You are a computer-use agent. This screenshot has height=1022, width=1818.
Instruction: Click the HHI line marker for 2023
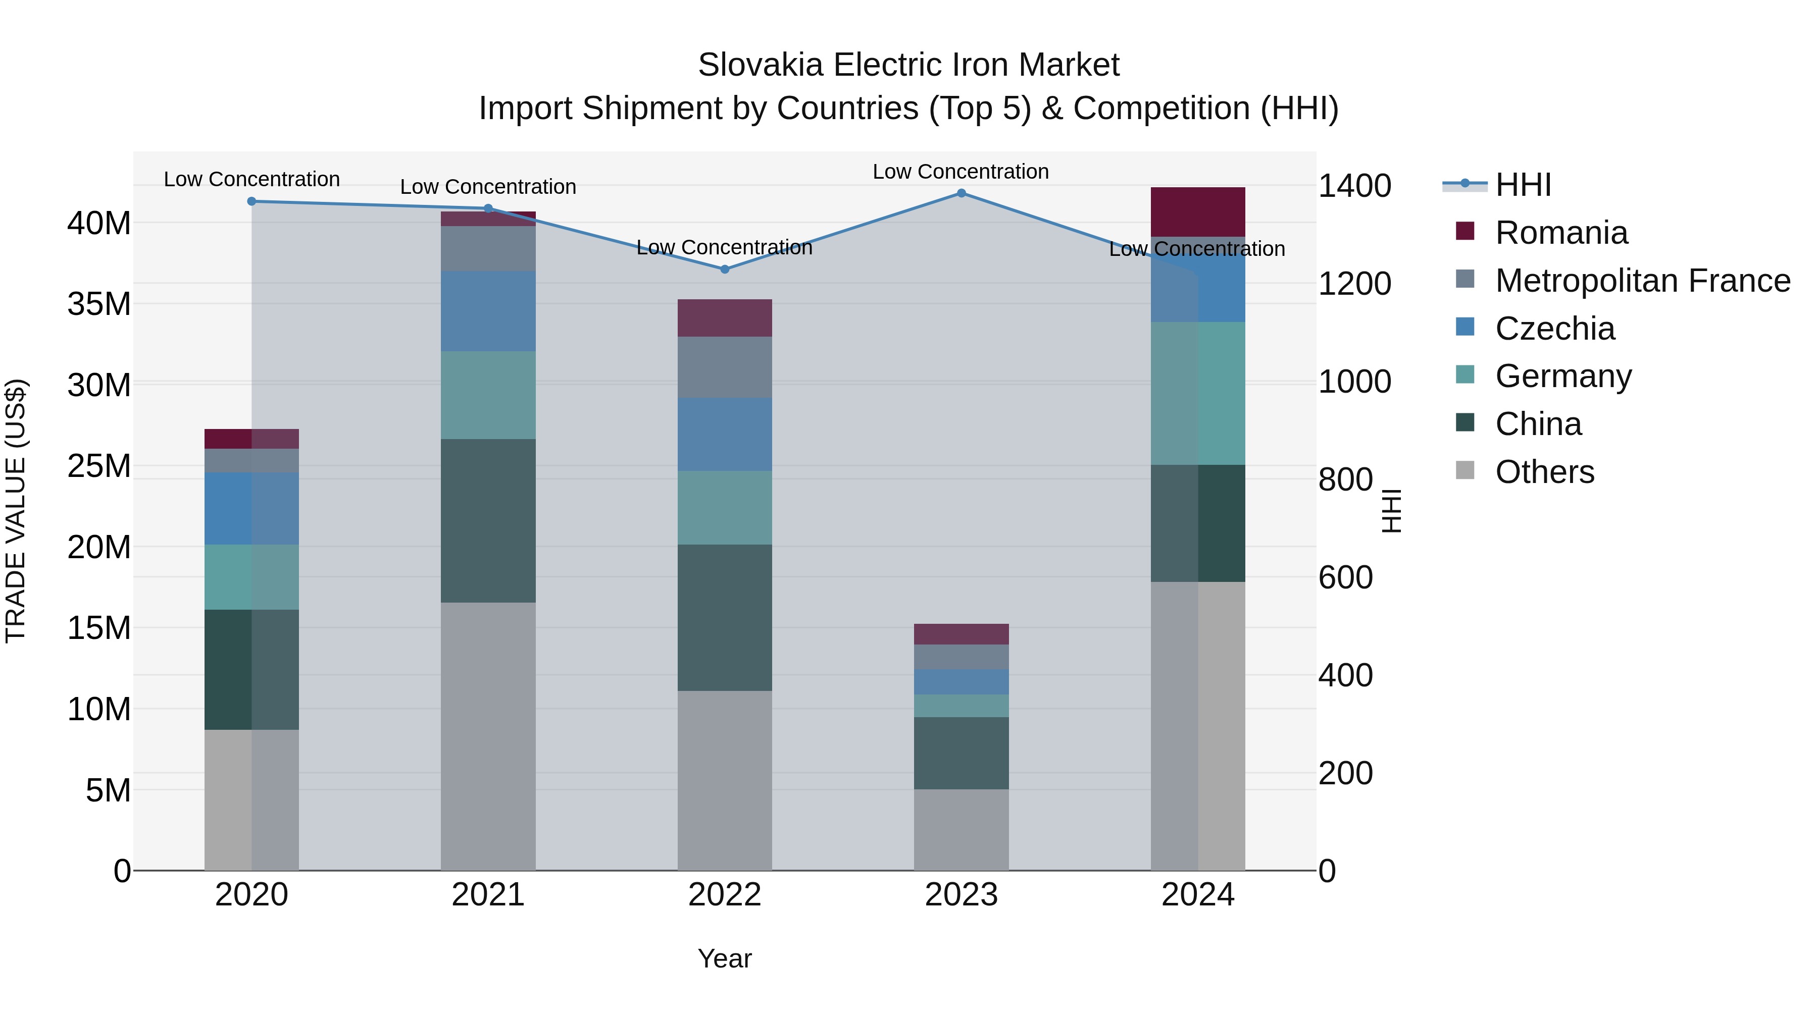961,193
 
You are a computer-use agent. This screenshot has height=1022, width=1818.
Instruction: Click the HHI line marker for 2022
724,270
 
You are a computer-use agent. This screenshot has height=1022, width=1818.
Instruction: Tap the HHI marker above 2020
251,202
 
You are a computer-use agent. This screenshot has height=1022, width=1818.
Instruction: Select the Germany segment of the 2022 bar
724,508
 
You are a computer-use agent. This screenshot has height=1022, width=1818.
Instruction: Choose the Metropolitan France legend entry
1642,281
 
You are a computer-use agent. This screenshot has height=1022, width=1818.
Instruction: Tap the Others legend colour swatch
1465,470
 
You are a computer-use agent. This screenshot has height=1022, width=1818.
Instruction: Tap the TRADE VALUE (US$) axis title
16,511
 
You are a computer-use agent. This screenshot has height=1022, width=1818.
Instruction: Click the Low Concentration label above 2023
961,172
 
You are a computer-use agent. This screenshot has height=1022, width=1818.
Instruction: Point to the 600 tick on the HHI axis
1345,578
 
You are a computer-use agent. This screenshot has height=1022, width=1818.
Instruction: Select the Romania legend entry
1561,233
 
